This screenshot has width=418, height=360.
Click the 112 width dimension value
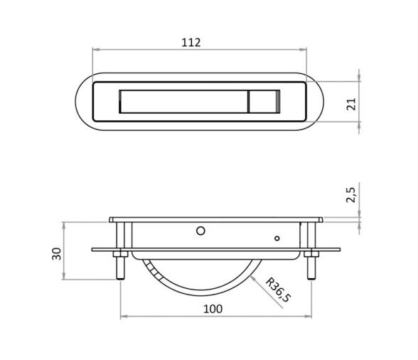[x=191, y=43]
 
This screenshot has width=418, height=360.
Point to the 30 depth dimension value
[x=56, y=253]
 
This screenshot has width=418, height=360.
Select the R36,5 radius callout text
[x=277, y=291]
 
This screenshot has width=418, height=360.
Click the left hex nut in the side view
[x=120, y=254]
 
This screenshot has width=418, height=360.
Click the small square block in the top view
[x=259, y=103]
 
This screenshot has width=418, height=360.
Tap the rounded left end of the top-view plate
[x=80, y=103]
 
